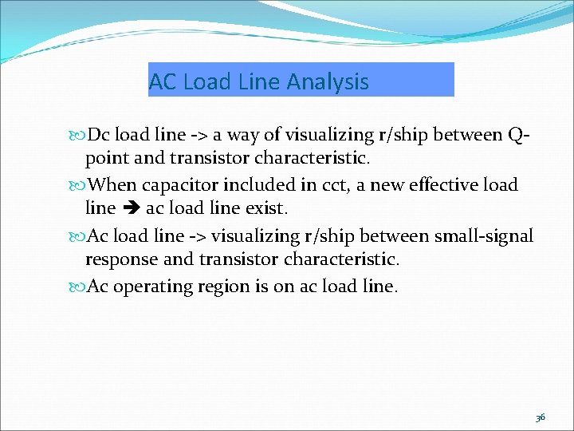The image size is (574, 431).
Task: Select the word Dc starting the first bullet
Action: click(x=100, y=136)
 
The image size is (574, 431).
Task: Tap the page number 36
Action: click(x=540, y=417)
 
